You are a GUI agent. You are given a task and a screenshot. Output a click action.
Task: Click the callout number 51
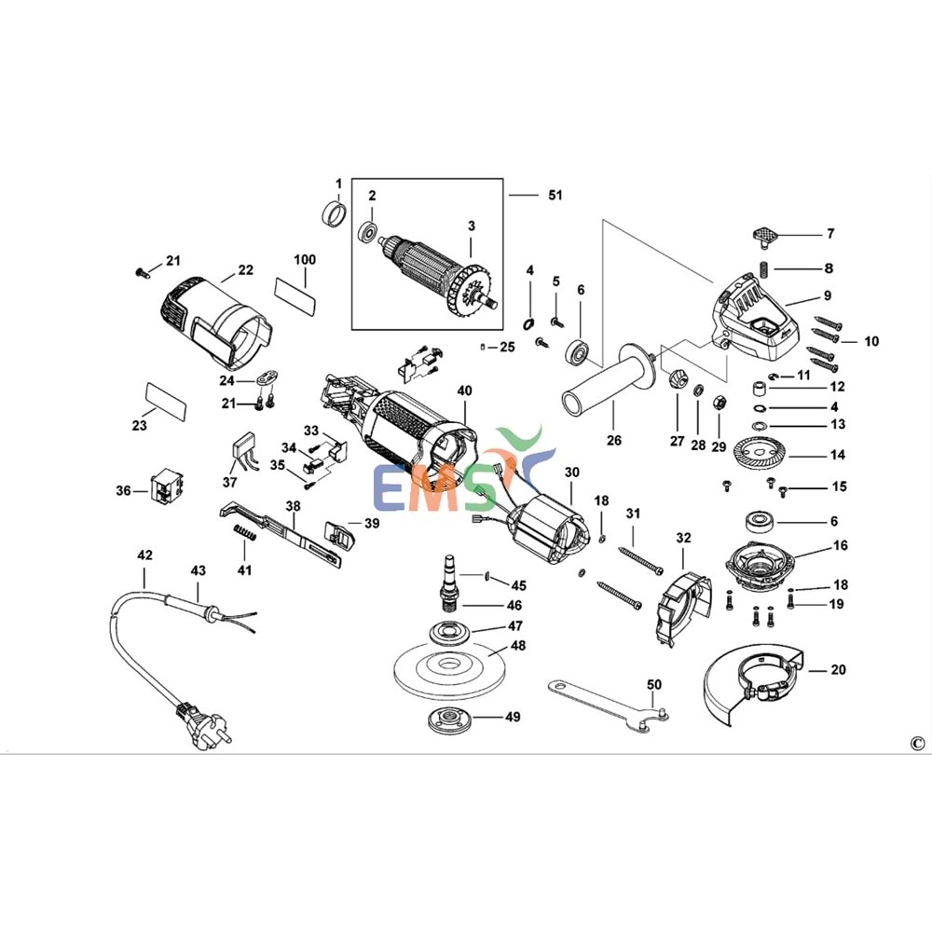(x=555, y=196)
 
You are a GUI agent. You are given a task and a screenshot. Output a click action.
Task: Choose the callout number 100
(x=305, y=259)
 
